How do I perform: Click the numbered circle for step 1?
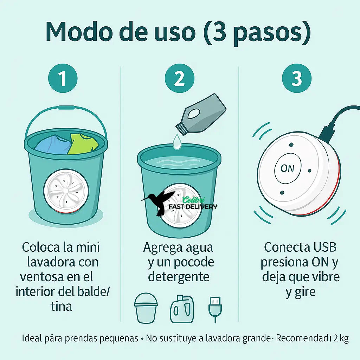tap(63, 78)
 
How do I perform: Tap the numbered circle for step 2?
tap(180, 78)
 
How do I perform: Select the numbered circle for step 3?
tap(297, 78)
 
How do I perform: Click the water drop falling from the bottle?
tap(176, 142)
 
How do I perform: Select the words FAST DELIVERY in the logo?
tap(193, 207)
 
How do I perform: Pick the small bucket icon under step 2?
tap(146, 308)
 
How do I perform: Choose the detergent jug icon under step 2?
tap(182, 309)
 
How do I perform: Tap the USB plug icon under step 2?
tap(215, 309)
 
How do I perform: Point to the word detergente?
tap(179, 277)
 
